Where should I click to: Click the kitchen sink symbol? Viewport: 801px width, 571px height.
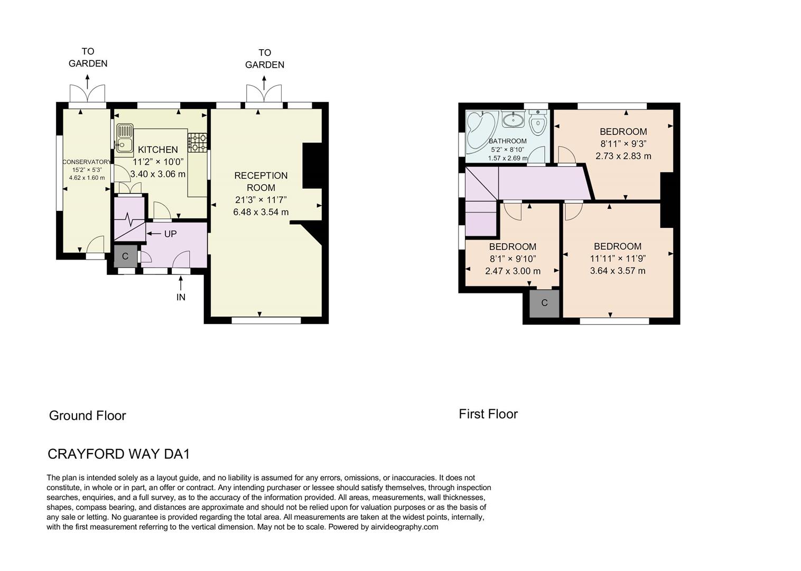125,137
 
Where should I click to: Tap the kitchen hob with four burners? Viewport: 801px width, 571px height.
198,142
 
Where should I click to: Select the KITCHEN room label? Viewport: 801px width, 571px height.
158,150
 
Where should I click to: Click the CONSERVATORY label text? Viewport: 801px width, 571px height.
87,162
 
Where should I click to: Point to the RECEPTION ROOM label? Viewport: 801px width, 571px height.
261,181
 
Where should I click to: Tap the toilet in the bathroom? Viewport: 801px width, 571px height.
538,123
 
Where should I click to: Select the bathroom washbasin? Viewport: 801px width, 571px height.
513,120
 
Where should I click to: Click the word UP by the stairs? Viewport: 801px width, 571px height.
170,234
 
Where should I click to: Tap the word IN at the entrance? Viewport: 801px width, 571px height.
181,297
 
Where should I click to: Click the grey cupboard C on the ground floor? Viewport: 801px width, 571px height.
125,256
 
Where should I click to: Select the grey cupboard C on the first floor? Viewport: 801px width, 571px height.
544,303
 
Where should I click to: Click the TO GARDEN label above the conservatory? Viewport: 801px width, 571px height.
88,58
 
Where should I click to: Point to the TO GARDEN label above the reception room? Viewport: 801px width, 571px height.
265,59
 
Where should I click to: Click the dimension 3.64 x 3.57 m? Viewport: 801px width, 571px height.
618,271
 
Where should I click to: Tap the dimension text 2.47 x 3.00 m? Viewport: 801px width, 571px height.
513,271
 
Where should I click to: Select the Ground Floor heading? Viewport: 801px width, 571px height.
87,416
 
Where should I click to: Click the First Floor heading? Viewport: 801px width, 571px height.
488,414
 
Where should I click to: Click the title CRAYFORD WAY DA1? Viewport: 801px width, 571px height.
118,454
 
